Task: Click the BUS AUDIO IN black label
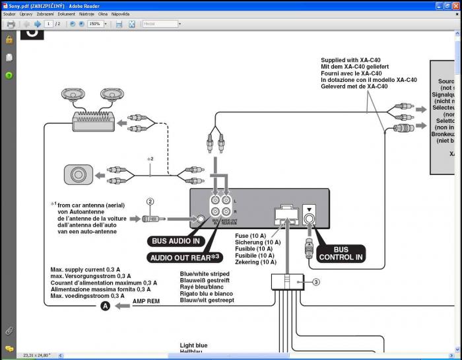point(175,241)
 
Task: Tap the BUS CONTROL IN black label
point(341,254)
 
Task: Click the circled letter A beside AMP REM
point(104,306)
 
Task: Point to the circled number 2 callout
point(150,201)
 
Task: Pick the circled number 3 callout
point(316,282)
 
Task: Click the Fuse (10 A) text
point(250,236)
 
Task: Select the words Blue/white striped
point(205,273)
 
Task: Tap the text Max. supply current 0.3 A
point(86,270)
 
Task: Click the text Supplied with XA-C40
point(350,60)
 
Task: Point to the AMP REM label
point(146,301)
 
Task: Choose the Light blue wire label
point(193,345)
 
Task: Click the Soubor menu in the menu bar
point(9,13)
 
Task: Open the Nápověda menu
point(120,13)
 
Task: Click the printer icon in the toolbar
point(11,24)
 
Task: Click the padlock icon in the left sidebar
point(9,40)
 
